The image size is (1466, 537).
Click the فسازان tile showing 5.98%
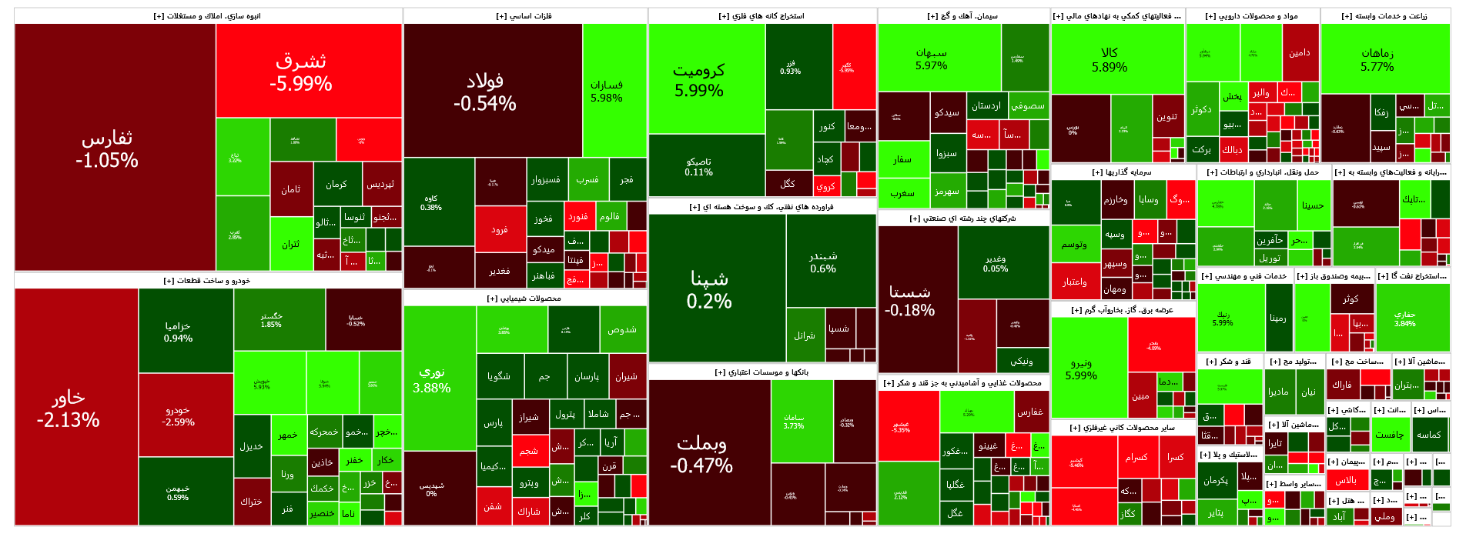[614, 91]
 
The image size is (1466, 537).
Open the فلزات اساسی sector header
[524, 16]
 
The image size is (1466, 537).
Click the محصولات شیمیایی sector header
[524, 299]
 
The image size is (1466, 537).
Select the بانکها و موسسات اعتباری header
[762, 372]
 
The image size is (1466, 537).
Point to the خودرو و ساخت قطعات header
[207, 281]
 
